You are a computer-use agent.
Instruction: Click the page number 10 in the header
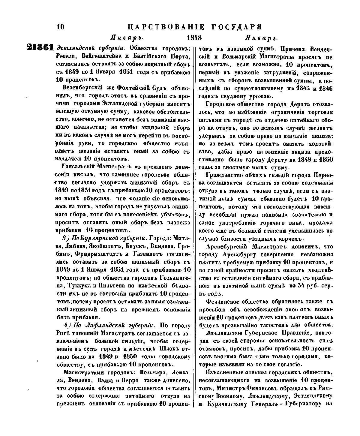[60, 27]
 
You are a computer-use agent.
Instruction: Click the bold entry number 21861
[40, 48]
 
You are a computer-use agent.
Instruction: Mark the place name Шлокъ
[174, 349]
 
